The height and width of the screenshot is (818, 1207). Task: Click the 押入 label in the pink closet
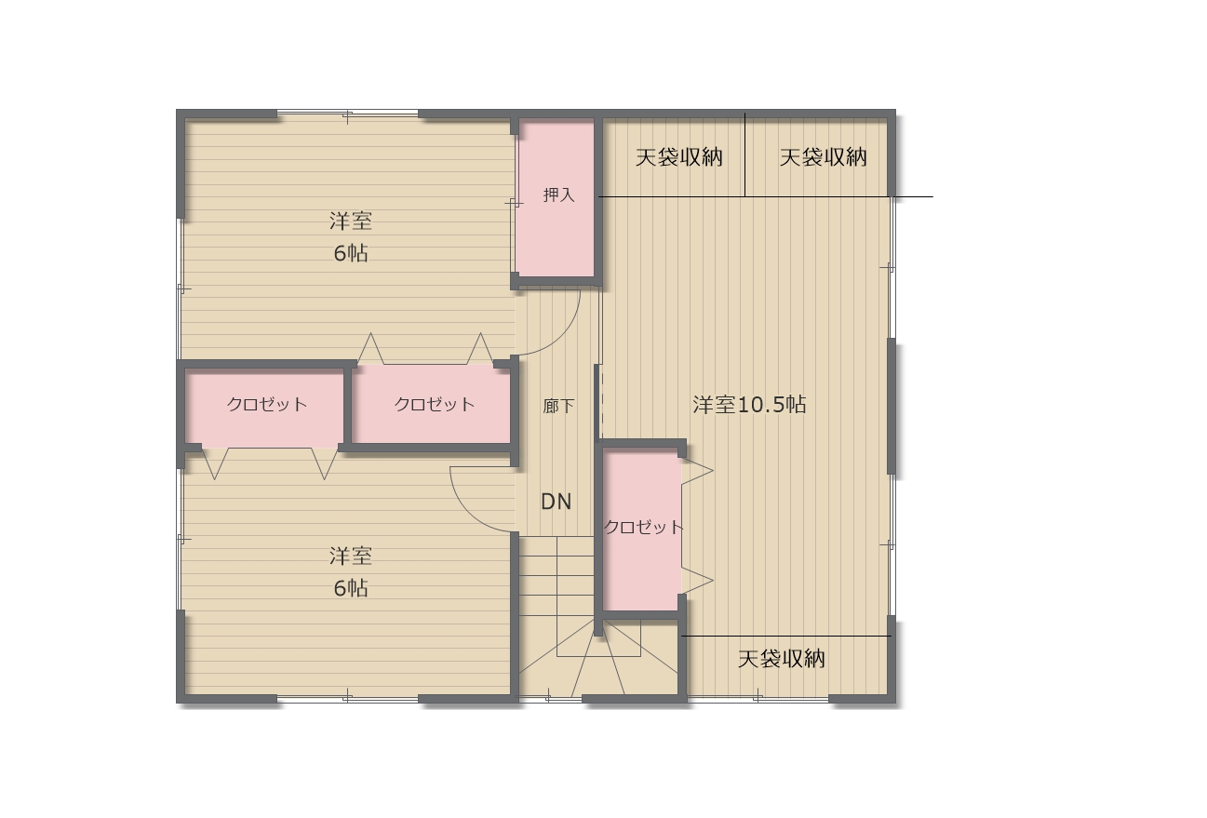point(558,194)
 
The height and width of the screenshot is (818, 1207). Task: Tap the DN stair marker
point(557,502)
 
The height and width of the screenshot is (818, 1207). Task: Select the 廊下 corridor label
point(558,406)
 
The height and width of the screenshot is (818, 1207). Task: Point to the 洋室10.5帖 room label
point(749,404)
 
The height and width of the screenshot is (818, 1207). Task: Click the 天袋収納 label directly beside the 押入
point(679,157)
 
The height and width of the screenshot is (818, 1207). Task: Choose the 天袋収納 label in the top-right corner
point(823,157)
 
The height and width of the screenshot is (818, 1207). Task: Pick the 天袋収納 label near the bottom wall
point(782,659)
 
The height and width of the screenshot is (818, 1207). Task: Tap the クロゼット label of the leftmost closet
point(267,404)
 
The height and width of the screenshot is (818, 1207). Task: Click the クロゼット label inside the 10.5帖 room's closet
point(643,527)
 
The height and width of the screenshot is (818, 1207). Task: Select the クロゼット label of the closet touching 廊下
point(435,404)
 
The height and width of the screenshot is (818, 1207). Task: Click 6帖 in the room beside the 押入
point(351,253)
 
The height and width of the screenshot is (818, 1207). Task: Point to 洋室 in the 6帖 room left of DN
point(351,556)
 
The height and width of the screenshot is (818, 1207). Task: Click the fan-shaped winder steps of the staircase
point(598,663)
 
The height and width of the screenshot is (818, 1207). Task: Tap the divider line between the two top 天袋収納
point(744,154)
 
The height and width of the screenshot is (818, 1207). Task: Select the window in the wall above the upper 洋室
point(347,114)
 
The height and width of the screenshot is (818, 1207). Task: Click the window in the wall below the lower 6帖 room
point(347,698)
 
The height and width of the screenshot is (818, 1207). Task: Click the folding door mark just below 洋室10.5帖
point(698,472)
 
